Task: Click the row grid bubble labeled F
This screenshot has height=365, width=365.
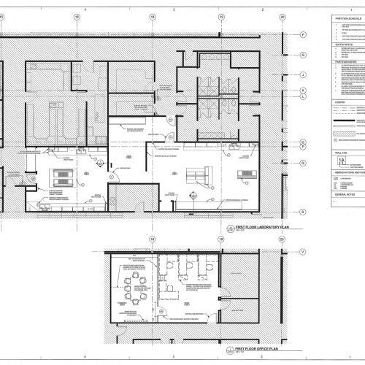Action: pyautogui.click(x=302, y=35)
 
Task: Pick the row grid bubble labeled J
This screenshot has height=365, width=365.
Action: pyautogui.click(x=302, y=74)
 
